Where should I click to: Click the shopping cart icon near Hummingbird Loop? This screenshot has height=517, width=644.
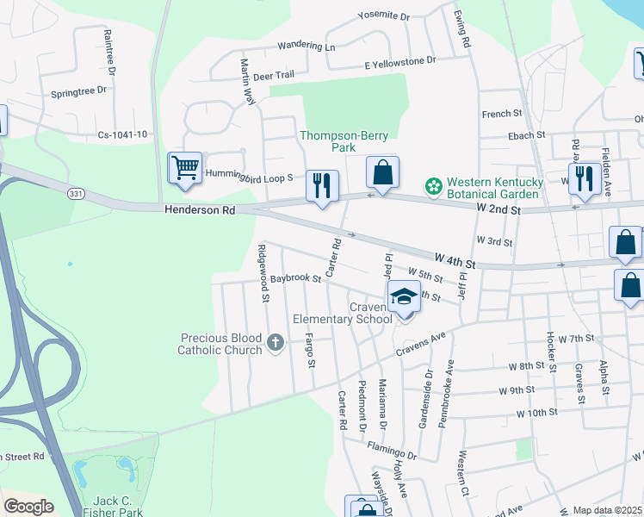186,168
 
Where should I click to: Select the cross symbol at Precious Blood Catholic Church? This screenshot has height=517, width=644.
276,344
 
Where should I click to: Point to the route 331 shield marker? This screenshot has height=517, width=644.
77,194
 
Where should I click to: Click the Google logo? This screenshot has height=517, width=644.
28,507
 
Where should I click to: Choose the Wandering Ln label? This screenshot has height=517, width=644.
306,47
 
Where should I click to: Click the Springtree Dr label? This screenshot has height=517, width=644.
78,90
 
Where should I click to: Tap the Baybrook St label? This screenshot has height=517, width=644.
294,279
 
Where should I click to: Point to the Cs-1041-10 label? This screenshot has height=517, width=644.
122,134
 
